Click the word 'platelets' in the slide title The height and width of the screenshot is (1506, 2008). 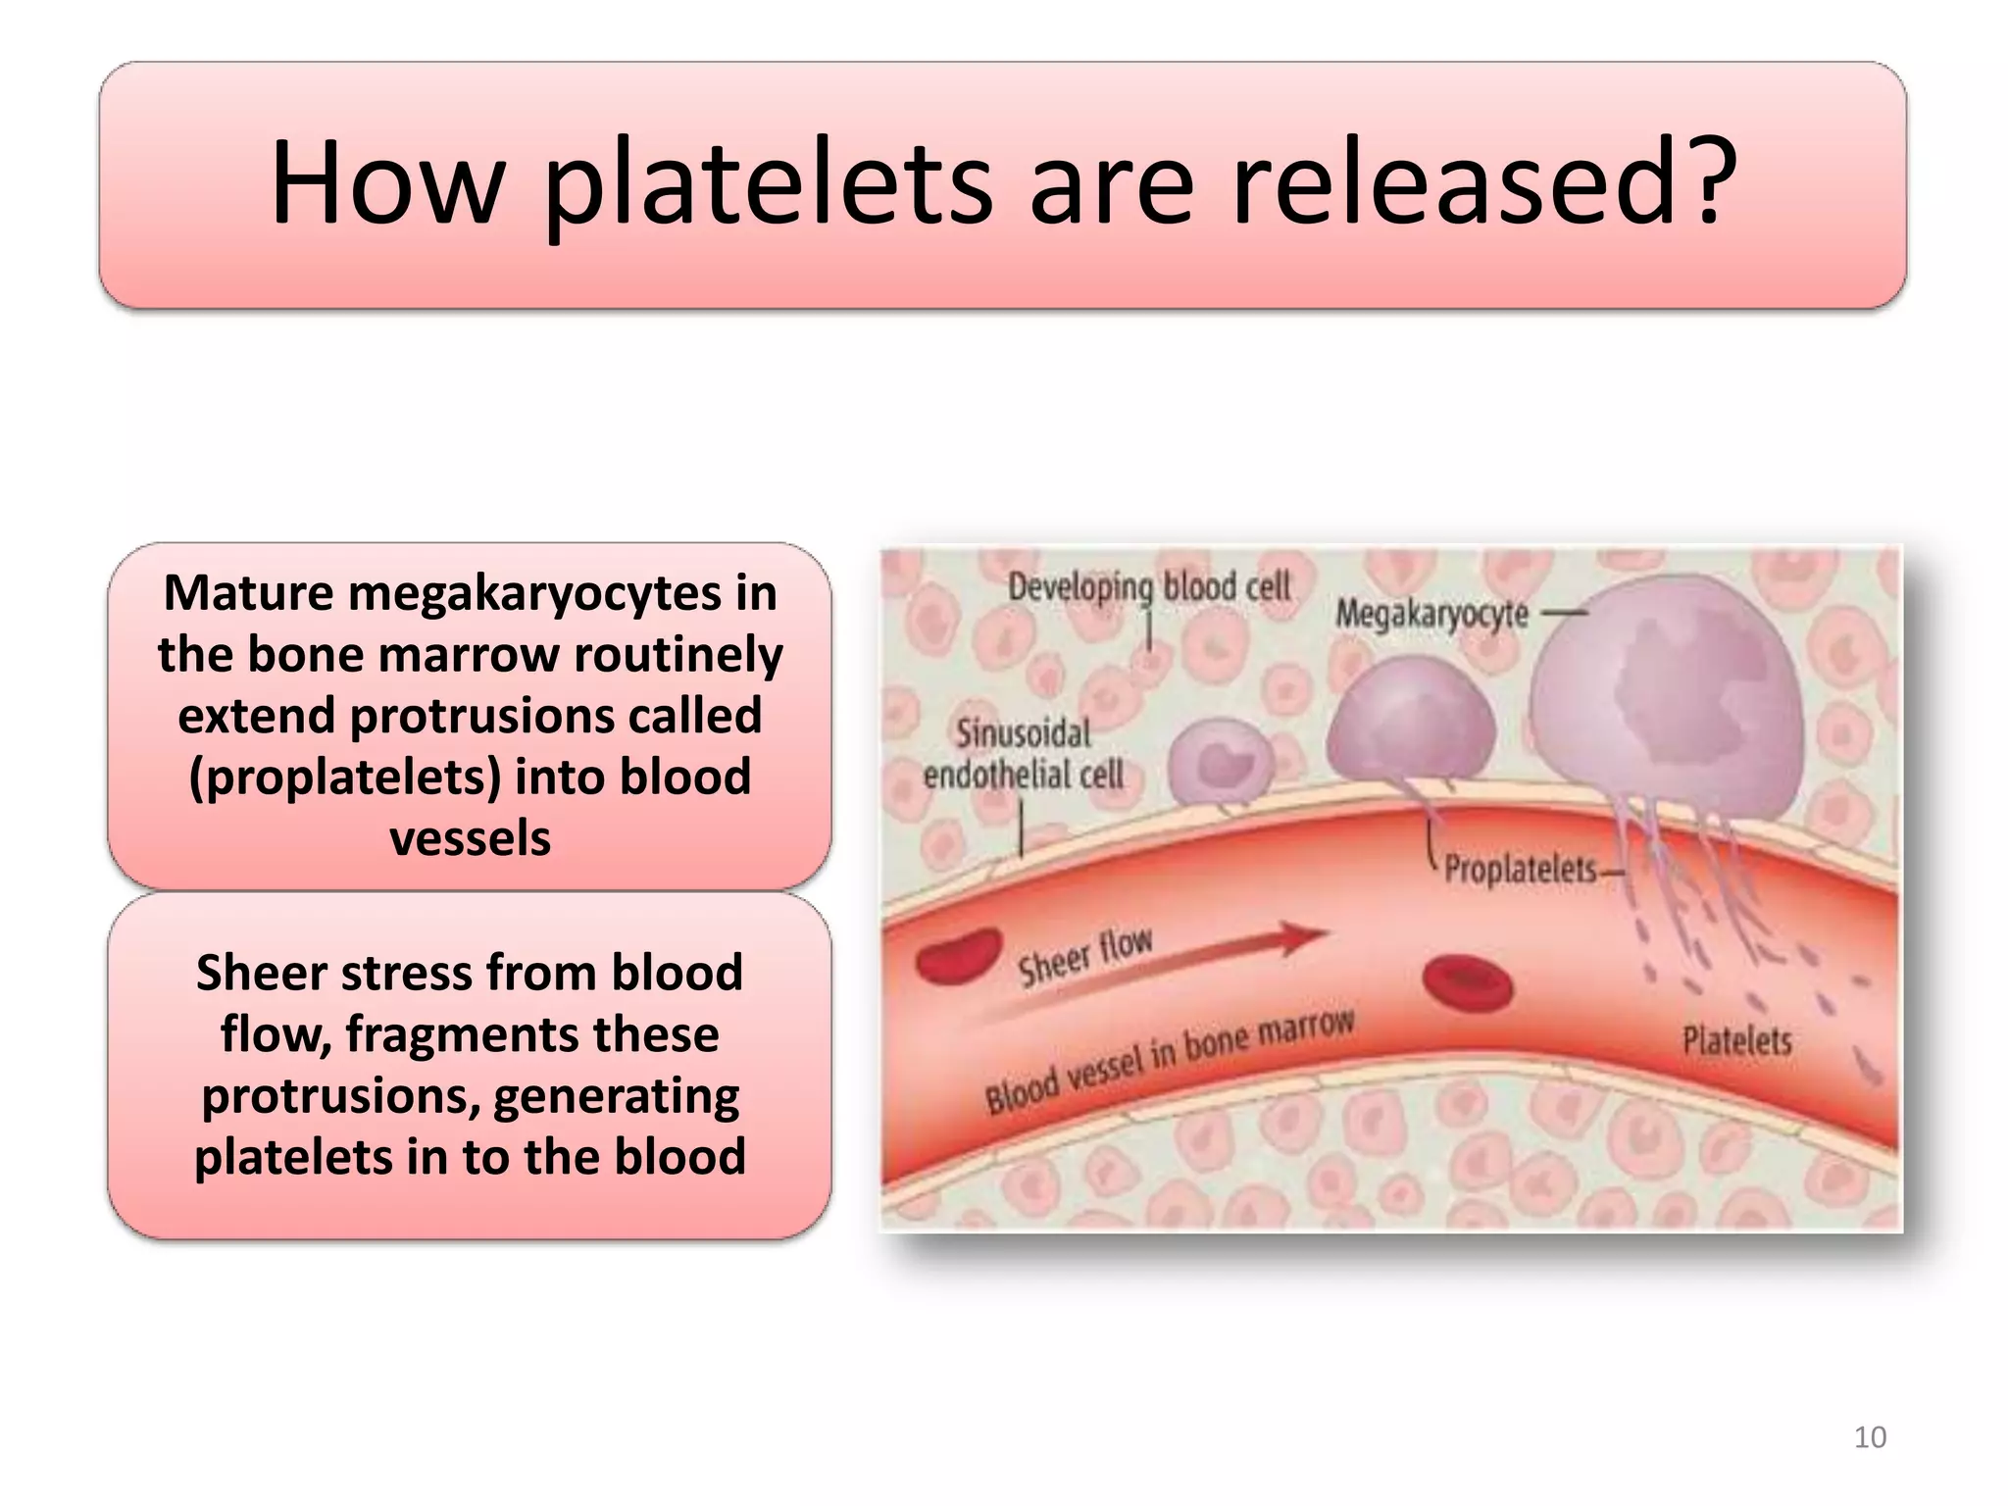[x=768, y=183]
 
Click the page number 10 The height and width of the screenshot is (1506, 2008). [x=1870, y=1437]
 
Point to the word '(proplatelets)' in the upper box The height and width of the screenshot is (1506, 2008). [x=344, y=778]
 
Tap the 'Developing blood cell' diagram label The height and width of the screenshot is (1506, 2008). [x=1149, y=587]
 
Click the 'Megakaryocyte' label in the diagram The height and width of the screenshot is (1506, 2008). [x=1431, y=615]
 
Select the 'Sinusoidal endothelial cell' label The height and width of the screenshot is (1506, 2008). [x=1023, y=754]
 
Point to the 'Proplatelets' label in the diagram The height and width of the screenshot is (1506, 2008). [x=1520, y=869]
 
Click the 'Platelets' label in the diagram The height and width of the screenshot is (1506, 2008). [x=1736, y=1040]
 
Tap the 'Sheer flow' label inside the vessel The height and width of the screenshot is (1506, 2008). [x=1084, y=956]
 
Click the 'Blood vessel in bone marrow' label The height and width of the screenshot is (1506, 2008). [x=1169, y=1061]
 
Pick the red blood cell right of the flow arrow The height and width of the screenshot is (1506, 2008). [x=1467, y=983]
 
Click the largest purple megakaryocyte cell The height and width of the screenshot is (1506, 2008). [x=1667, y=696]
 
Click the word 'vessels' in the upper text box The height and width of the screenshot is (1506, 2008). [x=470, y=839]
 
